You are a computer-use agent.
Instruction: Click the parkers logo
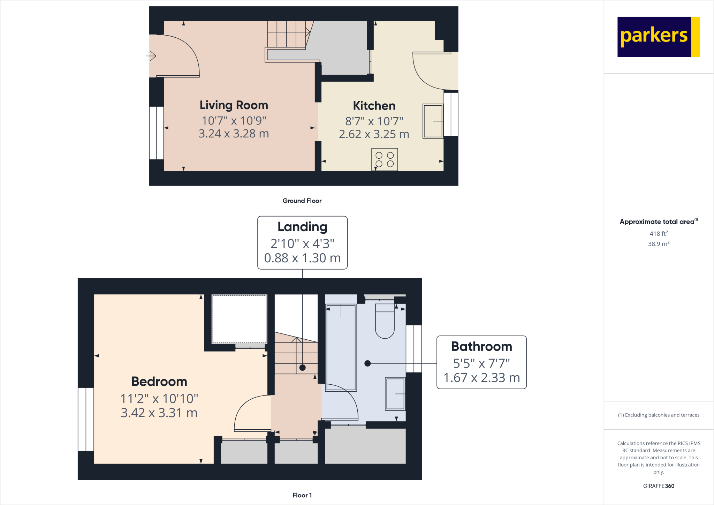tap(658, 37)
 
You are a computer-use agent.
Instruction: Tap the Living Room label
tap(234, 105)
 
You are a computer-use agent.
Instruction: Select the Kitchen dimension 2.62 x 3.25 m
tap(374, 134)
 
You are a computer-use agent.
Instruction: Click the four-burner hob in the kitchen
tap(385, 160)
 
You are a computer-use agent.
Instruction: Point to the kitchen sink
tap(433, 121)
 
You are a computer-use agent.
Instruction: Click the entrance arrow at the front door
tap(151, 56)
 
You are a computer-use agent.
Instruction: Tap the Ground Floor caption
tap(302, 201)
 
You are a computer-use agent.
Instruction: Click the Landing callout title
tap(302, 227)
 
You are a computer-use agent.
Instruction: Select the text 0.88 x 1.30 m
tap(302, 258)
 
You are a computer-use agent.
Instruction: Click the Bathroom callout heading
tap(481, 347)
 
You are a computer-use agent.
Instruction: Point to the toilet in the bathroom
tap(385, 321)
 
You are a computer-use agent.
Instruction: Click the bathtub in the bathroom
tap(341, 347)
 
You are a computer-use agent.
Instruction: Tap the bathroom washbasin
tap(395, 394)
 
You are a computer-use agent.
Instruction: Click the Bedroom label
tap(159, 382)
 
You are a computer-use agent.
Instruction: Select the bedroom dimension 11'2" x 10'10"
tap(159, 399)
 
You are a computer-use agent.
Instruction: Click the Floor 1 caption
tap(302, 495)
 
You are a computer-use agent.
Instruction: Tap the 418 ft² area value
tap(658, 234)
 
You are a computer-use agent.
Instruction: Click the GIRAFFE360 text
tap(658, 486)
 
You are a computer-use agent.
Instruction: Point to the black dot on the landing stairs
tap(303, 368)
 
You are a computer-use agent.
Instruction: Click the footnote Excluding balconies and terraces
tap(659, 415)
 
